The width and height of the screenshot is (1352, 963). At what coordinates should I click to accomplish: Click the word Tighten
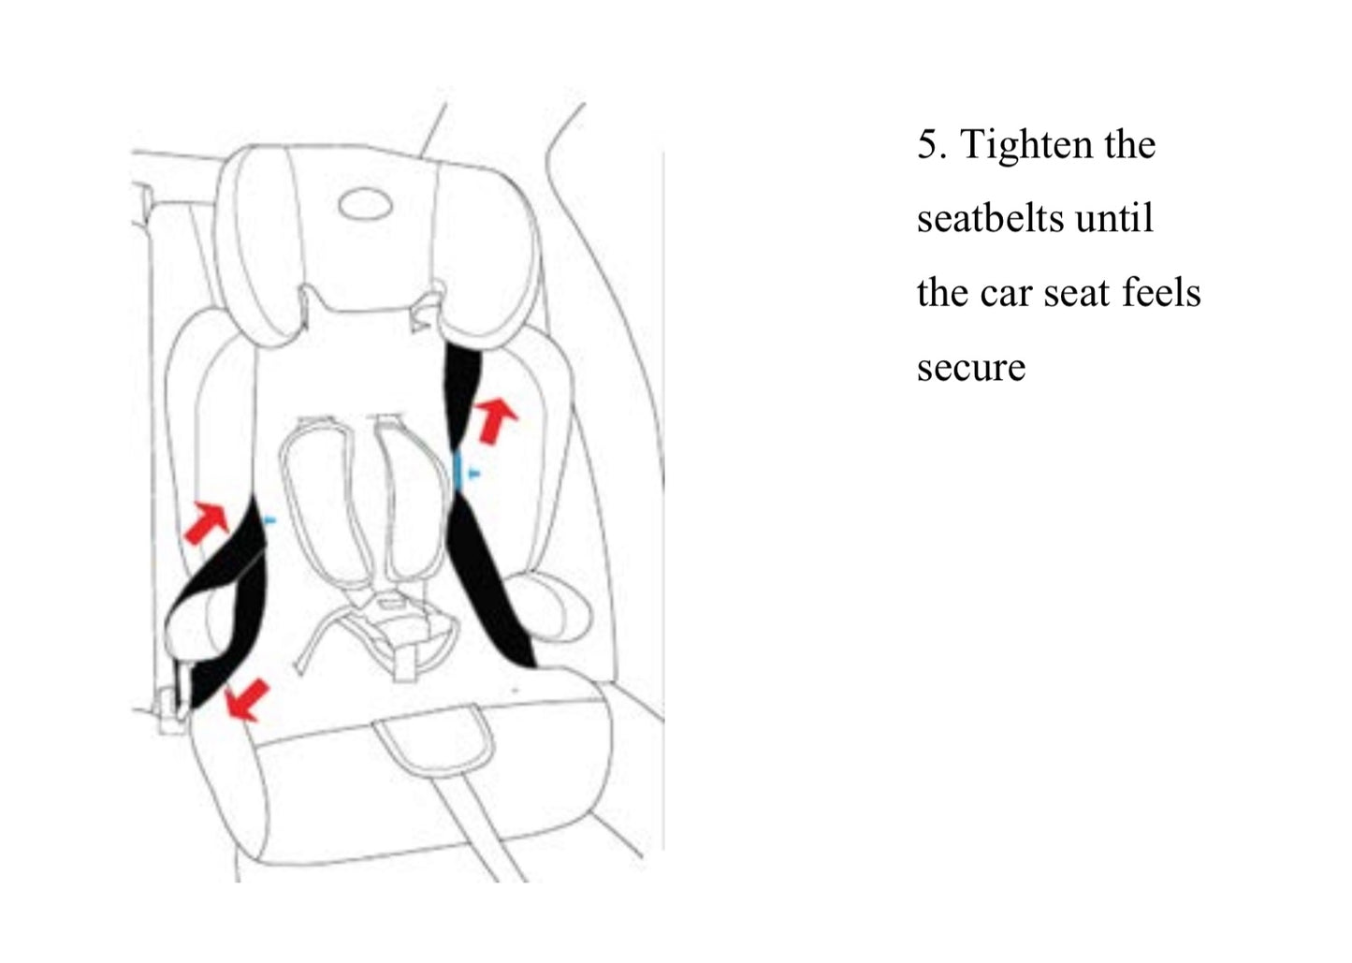1027,146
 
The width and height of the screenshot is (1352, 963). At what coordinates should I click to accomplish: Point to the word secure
971,368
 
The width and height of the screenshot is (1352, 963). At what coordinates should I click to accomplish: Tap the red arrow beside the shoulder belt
496,420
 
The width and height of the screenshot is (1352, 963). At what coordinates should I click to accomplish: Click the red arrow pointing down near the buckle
246,699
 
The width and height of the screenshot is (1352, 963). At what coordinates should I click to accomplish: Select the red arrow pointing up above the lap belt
206,523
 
